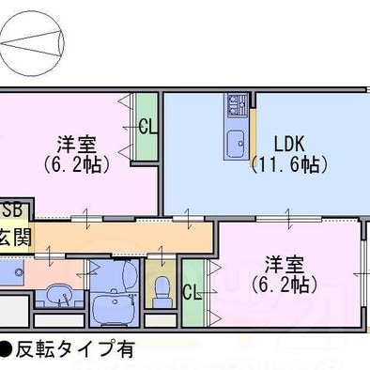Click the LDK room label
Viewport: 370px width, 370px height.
(x=289, y=144)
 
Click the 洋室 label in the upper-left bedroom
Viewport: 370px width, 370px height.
(x=77, y=145)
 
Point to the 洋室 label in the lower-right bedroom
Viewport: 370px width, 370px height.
(x=285, y=265)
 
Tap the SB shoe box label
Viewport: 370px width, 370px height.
(x=12, y=209)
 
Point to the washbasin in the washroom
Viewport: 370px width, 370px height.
(x=59, y=293)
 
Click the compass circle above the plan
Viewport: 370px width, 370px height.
(x=32, y=45)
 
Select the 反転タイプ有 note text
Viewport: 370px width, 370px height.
(x=75, y=349)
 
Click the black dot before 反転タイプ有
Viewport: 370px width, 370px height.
(x=6, y=349)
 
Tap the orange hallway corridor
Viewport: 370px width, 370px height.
(x=122, y=237)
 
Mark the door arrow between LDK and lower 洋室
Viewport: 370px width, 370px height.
(x=288, y=216)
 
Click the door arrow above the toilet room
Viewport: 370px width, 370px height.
(x=162, y=255)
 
